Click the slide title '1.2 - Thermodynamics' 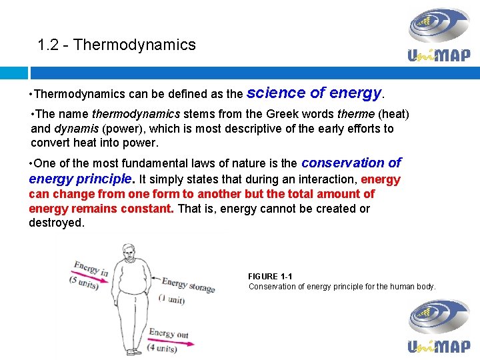pos(117,45)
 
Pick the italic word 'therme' pos(355,114)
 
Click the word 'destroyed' pos(57,223)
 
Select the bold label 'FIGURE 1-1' pos(270,277)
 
